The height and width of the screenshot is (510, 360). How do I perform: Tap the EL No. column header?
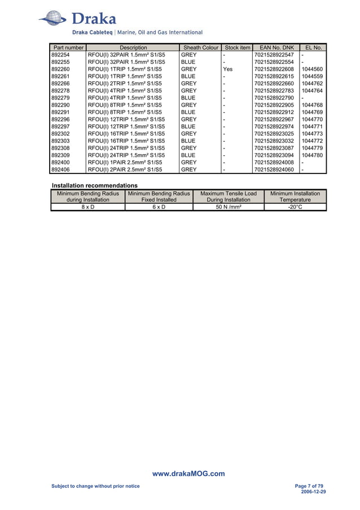pos(313,47)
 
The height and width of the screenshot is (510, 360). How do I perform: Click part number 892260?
pos(60,69)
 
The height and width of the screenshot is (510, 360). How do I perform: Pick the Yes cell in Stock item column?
pos(227,69)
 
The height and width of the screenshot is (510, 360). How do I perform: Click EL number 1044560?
pos(312,69)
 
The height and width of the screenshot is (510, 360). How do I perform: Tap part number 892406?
pos(60,169)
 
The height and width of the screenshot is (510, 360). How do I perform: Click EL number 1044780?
pos(312,155)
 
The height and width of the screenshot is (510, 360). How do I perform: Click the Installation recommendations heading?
pos(94,185)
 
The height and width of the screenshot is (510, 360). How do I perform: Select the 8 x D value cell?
pos(87,207)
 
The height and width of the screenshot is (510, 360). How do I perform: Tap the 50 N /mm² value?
pos(228,207)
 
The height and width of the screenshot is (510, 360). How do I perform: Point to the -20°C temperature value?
pos(295,207)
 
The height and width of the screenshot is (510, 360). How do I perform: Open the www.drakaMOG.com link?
pos(188,474)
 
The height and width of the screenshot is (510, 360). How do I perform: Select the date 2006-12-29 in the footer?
pos(314,492)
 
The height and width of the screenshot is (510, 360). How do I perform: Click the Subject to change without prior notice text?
pos(95,486)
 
